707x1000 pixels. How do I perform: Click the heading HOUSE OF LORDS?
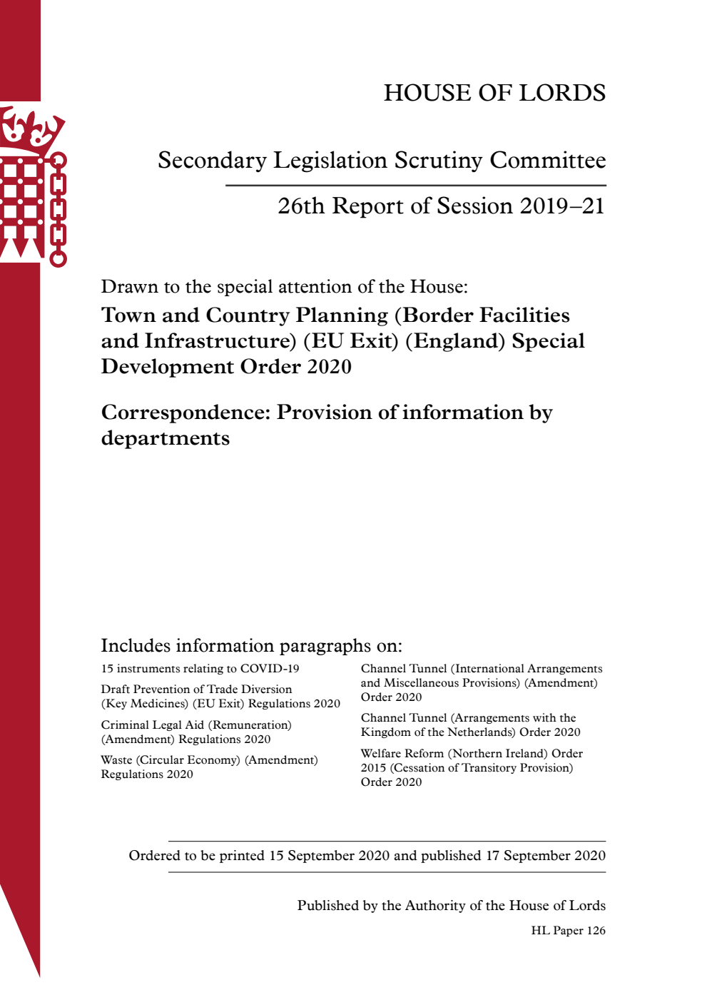click(494, 93)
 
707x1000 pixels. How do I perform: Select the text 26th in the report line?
click(300, 206)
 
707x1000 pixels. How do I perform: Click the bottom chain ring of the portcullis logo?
click(59, 258)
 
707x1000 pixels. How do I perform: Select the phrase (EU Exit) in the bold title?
click(351, 341)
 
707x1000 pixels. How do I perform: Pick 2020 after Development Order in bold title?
click(329, 367)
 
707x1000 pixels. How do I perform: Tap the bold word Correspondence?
click(185, 413)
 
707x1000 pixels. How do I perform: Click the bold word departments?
click(166, 438)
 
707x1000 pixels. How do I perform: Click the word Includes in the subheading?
click(136, 646)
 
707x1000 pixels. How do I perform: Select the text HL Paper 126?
click(568, 931)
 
